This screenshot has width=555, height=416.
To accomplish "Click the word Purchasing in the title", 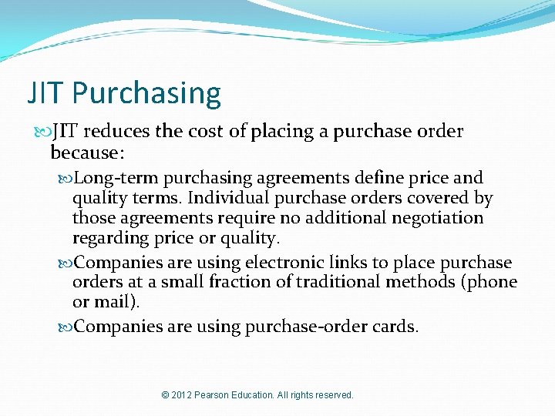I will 147,94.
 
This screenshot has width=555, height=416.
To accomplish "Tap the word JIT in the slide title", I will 47,94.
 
